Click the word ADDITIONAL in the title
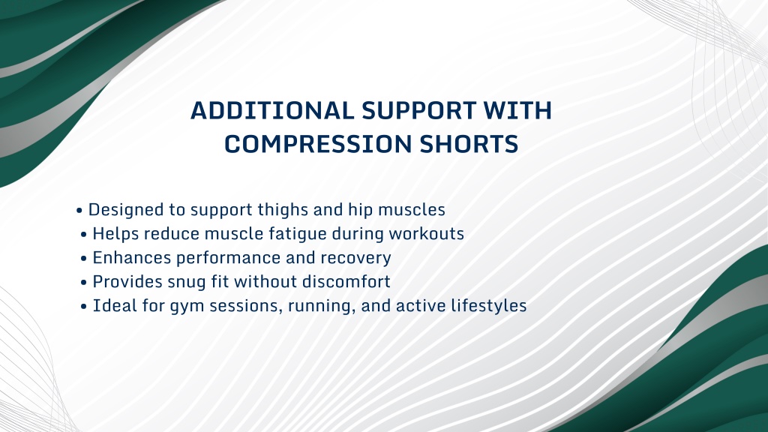coord(271,111)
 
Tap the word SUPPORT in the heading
coord(419,111)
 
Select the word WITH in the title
coord(518,111)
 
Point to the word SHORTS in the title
coord(469,144)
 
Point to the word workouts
coord(426,234)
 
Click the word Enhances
coord(132,258)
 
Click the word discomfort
coord(346,282)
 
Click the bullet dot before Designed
coord(79,211)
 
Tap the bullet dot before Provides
coord(84,283)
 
